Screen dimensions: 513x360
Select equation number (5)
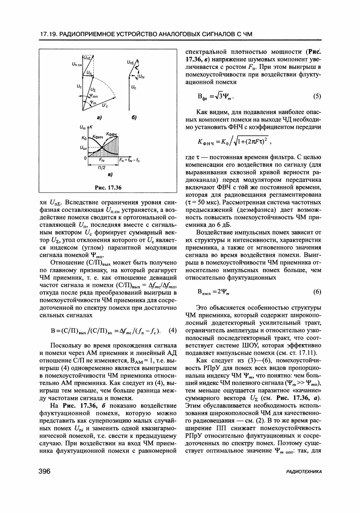tap(316, 96)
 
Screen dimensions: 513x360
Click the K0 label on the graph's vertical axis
tap(83, 137)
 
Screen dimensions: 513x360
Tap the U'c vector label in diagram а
tap(105, 106)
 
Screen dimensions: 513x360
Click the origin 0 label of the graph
tap(85, 157)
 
